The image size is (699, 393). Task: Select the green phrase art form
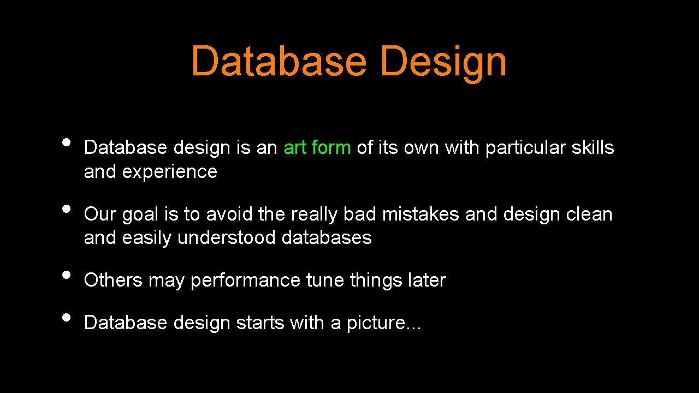click(x=317, y=148)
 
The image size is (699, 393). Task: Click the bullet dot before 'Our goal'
click(x=67, y=209)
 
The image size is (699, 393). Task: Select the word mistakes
click(x=420, y=215)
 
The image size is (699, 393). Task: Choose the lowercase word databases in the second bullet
click(x=327, y=238)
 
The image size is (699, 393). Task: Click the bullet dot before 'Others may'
click(x=67, y=274)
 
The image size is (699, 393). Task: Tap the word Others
click(x=113, y=280)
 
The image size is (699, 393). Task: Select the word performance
click(x=245, y=281)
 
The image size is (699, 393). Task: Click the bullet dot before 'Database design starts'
click(x=67, y=317)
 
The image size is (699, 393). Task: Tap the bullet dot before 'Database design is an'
click(x=67, y=142)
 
